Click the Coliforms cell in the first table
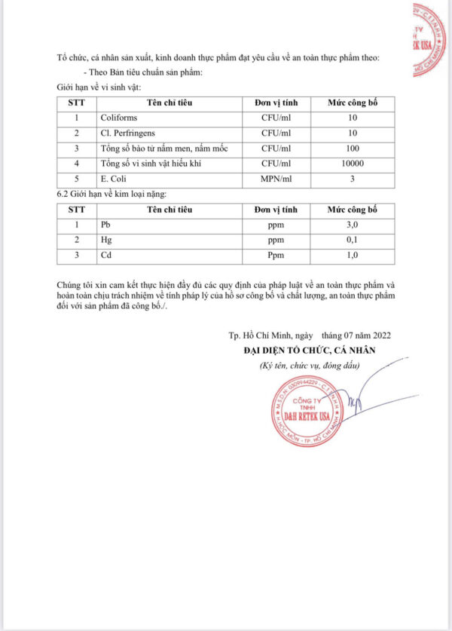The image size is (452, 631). pos(118,118)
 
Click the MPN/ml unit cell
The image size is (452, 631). pos(275,179)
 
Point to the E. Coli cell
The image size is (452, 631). pos(114,179)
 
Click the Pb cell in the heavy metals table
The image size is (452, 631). pos(105,225)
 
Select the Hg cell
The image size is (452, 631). pos(105,240)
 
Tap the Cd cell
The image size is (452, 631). pos(105,256)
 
